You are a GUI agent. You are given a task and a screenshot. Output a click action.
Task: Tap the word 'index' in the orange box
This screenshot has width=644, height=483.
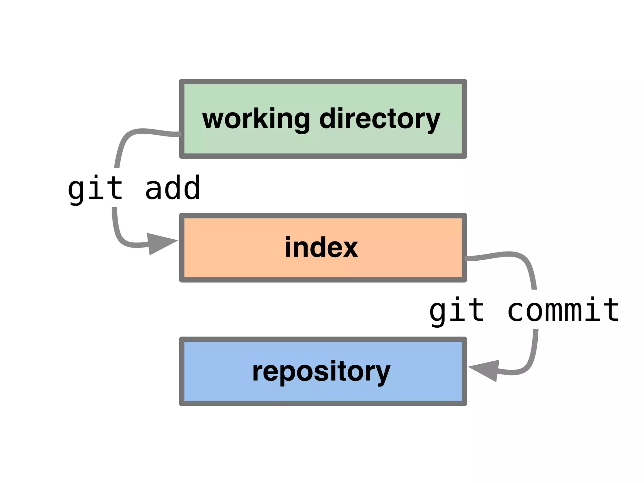point(321,247)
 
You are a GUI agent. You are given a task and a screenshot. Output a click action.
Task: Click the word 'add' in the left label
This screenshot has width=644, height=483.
point(173,189)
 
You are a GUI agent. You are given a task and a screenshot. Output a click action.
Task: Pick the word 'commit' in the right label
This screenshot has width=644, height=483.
point(563,311)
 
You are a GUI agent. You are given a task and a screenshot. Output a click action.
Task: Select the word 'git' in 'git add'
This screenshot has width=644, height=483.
point(95,189)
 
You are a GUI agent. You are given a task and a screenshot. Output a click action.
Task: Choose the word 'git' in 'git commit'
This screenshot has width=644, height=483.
point(457,311)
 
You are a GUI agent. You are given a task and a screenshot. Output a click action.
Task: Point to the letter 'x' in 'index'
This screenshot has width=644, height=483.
point(349,248)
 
